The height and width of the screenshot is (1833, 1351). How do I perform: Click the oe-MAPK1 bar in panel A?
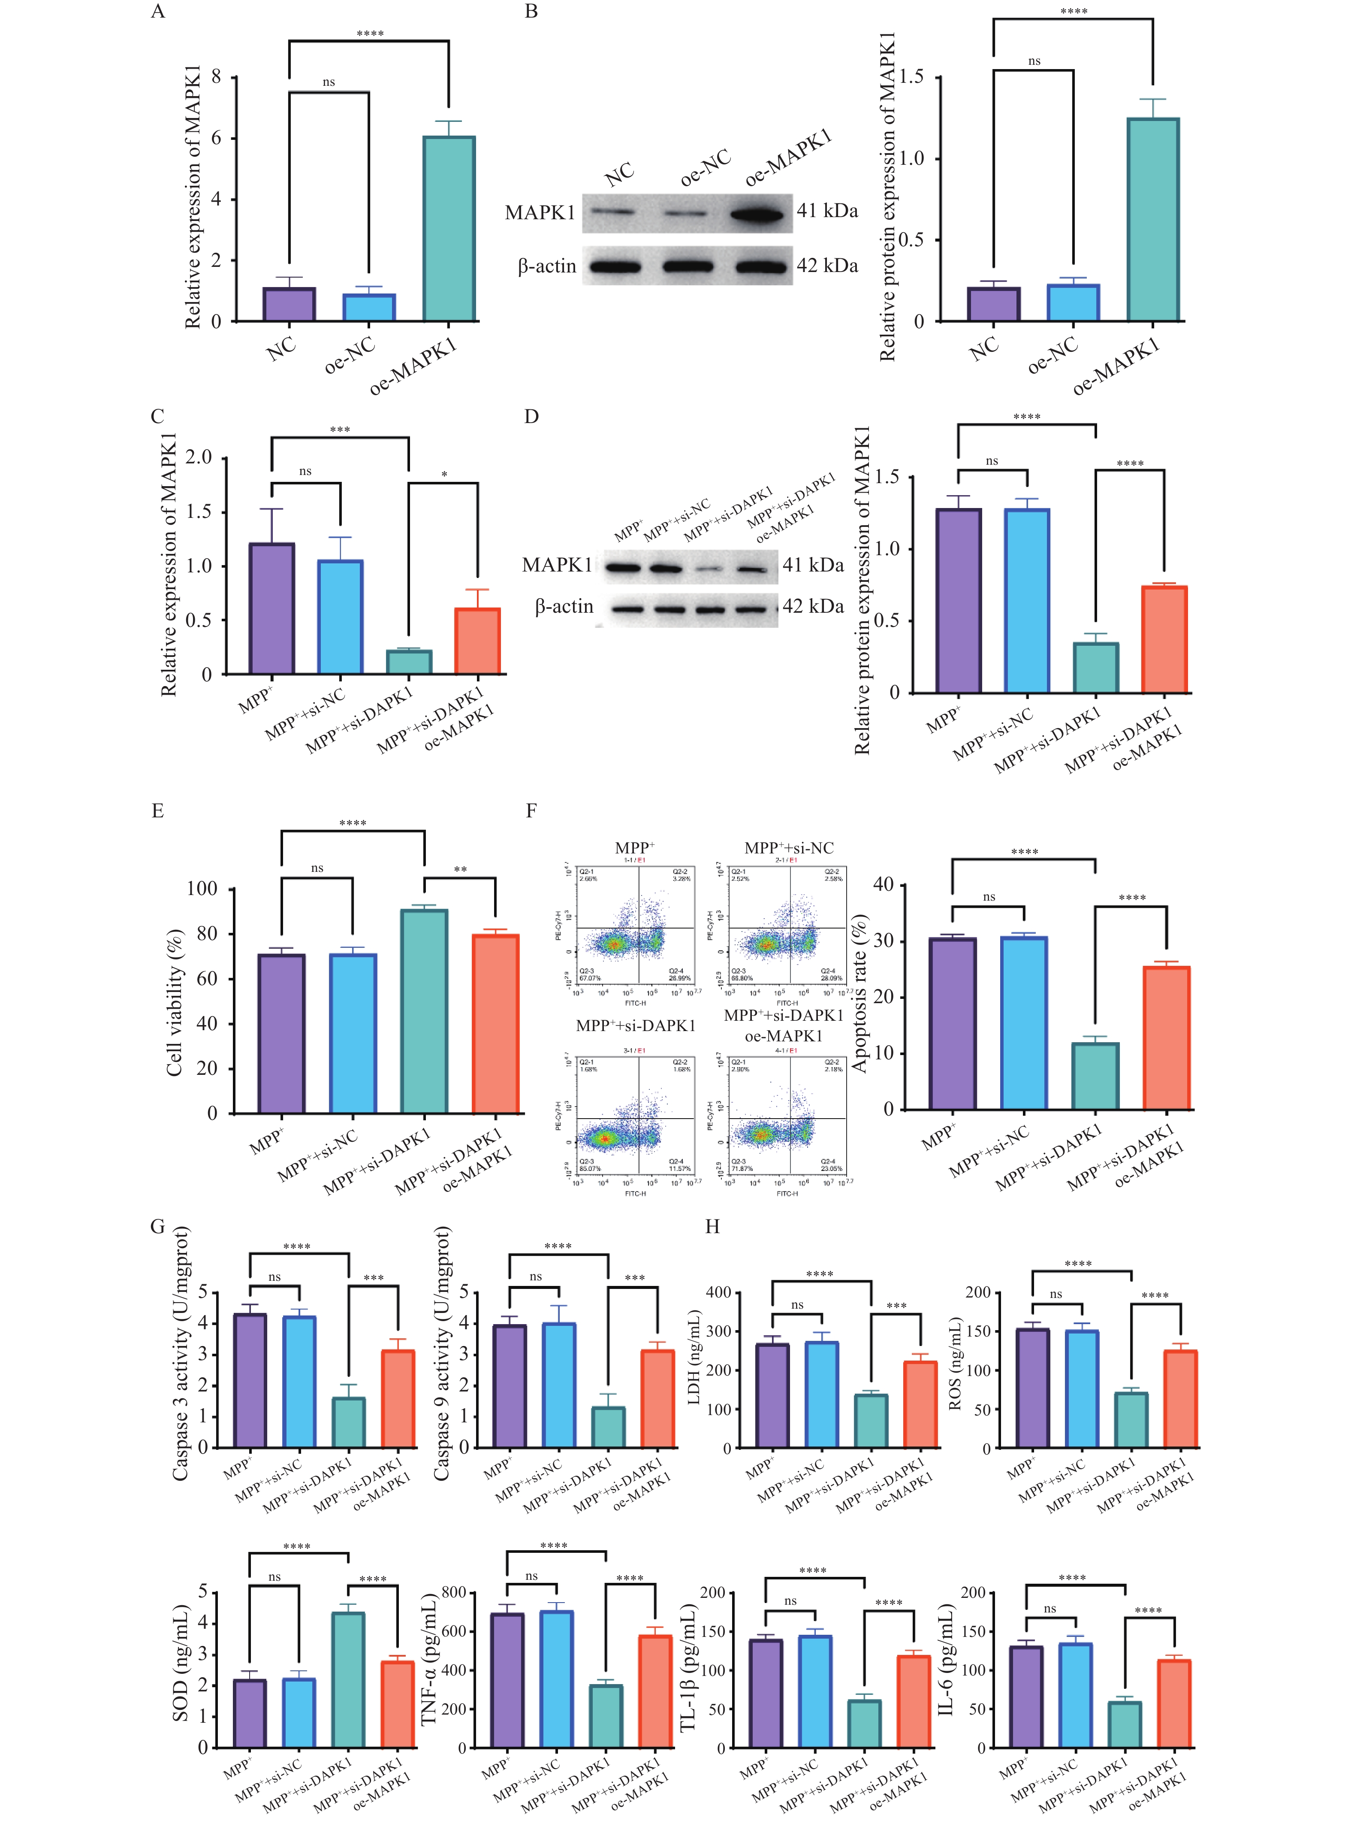449,229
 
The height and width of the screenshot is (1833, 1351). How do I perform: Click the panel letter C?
158,416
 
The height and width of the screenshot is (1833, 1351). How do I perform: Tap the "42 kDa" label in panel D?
813,606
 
